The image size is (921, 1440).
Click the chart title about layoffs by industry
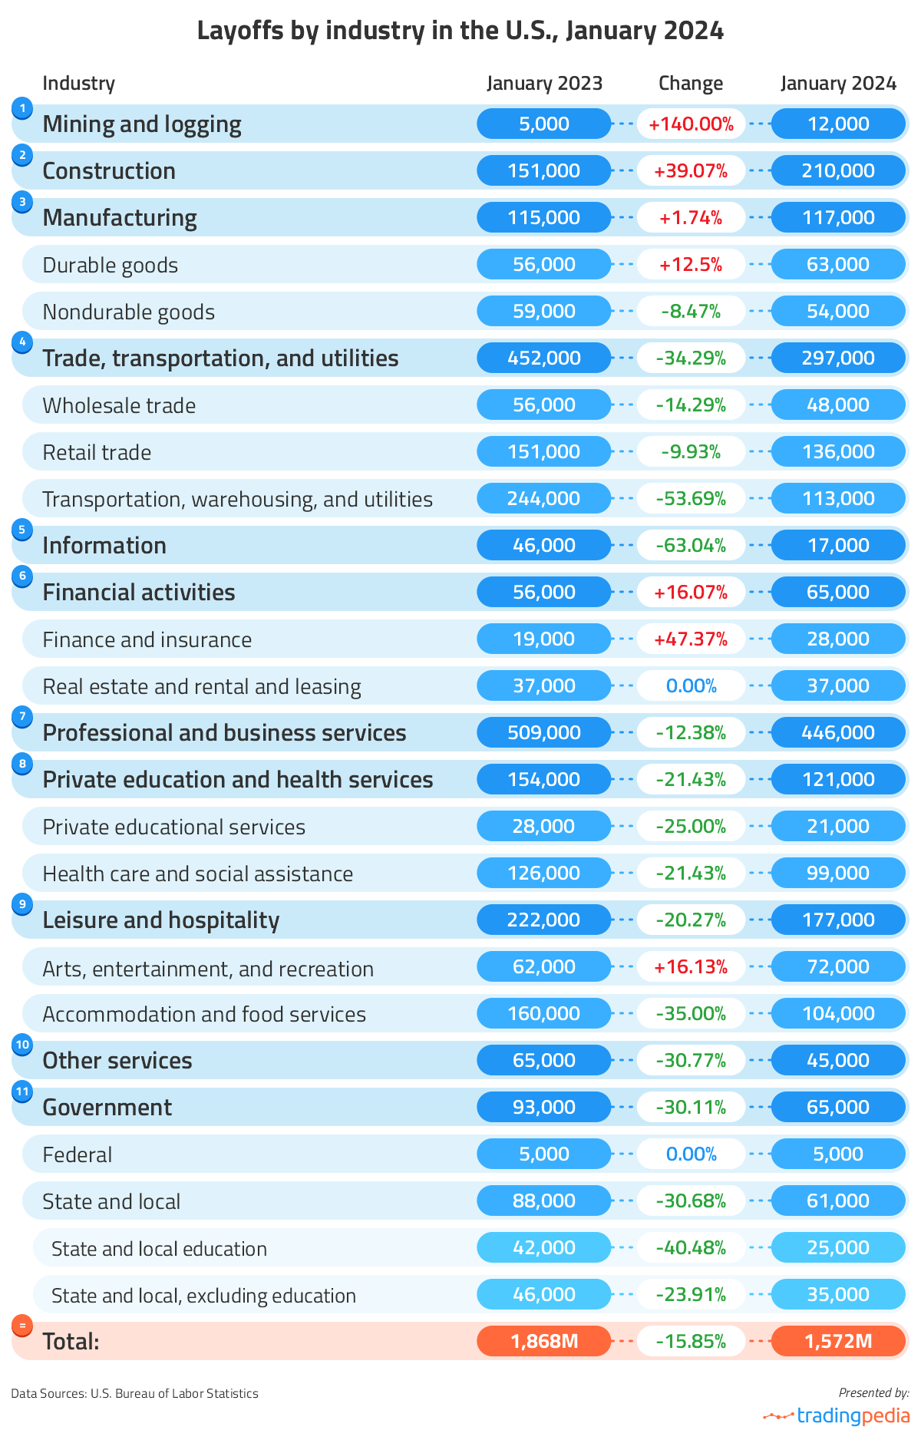(x=460, y=31)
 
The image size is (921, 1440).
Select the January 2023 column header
(x=544, y=83)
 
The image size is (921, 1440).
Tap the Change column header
(x=691, y=83)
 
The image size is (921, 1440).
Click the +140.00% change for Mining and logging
(x=691, y=124)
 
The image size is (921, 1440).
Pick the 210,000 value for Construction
(x=838, y=170)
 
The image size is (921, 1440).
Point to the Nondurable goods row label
(x=128, y=312)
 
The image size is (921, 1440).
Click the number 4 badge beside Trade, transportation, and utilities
(x=22, y=342)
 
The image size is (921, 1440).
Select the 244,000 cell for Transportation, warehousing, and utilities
(x=544, y=498)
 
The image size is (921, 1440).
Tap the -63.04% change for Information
(x=691, y=545)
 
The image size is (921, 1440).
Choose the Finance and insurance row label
(x=147, y=639)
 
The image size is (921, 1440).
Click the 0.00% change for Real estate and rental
(x=691, y=685)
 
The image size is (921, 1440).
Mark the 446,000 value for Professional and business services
(x=838, y=732)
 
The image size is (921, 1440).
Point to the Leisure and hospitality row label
(x=160, y=920)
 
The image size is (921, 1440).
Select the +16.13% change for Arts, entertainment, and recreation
(x=691, y=966)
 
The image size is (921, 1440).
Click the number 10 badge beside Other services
(x=22, y=1045)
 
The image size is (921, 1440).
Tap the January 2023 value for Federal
(x=544, y=1154)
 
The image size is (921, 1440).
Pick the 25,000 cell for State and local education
(x=838, y=1247)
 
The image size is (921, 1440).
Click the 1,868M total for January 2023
(x=544, y=1341)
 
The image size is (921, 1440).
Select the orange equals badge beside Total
(x=22, y=1326)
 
